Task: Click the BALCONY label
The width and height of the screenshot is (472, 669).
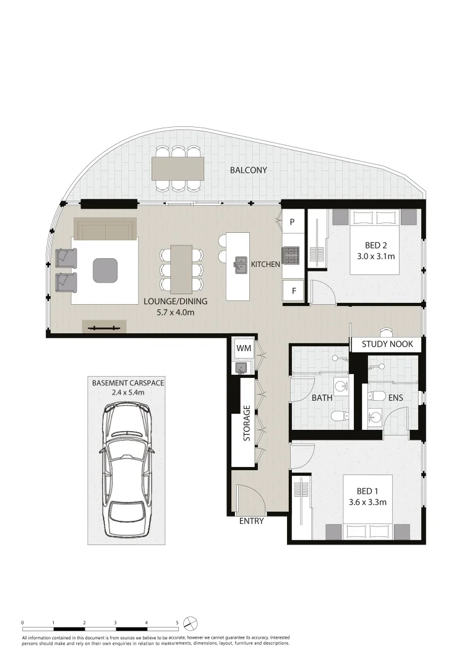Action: click(x=248, y=170)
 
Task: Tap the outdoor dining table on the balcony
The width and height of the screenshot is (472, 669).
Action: click(x=178, y=167)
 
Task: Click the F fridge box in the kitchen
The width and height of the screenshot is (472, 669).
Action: click(x=293, y=290)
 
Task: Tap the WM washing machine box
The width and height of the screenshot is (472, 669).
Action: click(x=243, y=349)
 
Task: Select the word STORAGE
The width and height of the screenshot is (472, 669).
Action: click(x=247, y=423)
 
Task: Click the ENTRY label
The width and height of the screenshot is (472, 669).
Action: click(x=251, y=521)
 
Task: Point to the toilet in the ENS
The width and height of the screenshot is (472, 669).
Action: click(x=377, y=396)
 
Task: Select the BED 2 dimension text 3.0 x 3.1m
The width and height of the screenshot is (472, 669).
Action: click(x=375, y=255)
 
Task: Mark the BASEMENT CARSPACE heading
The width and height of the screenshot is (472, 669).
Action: click(x=128, y=383)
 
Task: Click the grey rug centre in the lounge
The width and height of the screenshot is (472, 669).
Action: click(x=105, y=269)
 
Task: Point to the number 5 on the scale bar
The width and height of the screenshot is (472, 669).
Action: click(x=177, y=623)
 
